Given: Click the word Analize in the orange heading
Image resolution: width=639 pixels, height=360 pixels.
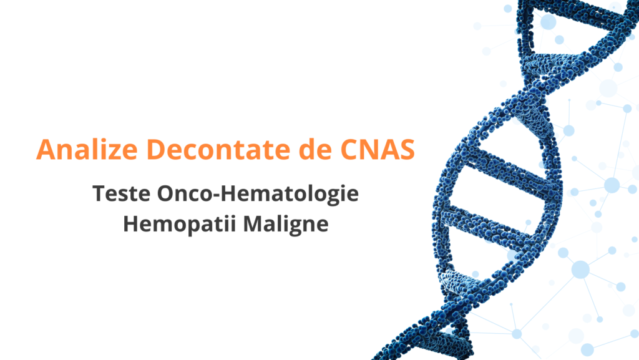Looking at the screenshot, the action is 87,150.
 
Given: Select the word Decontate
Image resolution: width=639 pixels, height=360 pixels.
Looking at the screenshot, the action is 218,150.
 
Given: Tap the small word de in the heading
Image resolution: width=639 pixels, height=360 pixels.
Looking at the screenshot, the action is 315,150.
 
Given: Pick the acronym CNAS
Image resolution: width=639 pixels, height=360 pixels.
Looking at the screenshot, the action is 378,150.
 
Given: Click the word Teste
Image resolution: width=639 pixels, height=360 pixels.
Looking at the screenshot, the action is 122,193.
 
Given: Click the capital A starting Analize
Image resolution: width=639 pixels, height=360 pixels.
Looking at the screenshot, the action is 46,150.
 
